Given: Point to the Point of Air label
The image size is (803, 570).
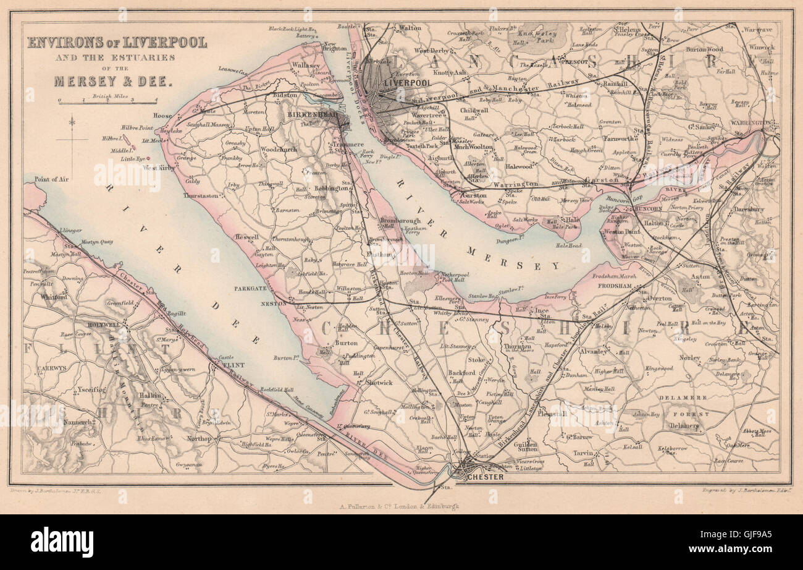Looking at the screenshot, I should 51,179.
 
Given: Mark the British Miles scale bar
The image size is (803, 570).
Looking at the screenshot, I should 108,102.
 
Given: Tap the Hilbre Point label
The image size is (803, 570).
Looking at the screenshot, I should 137,127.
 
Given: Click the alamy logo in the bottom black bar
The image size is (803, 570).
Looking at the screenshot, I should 62,542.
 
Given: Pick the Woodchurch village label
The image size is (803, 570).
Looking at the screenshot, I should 279,149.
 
